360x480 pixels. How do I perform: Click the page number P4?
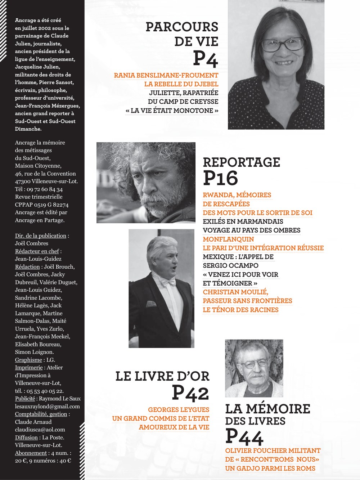205,59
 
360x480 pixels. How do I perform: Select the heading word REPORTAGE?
241,162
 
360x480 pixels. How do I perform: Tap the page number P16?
220,178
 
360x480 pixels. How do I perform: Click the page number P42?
190,393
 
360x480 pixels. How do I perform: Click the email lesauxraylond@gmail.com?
47,407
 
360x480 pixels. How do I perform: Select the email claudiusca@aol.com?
40,430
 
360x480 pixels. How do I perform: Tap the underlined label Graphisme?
28,360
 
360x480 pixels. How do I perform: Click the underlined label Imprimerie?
29,368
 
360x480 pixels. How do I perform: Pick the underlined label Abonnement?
31,453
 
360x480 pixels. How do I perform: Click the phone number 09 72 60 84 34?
45,189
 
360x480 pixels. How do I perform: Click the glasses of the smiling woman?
283,45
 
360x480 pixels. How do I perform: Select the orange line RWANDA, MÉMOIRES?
237,195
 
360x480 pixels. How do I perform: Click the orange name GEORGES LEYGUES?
179,410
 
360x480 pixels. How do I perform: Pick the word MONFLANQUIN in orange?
228,239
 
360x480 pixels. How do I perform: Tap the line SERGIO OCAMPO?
230,266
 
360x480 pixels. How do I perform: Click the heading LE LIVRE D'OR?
162,377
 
